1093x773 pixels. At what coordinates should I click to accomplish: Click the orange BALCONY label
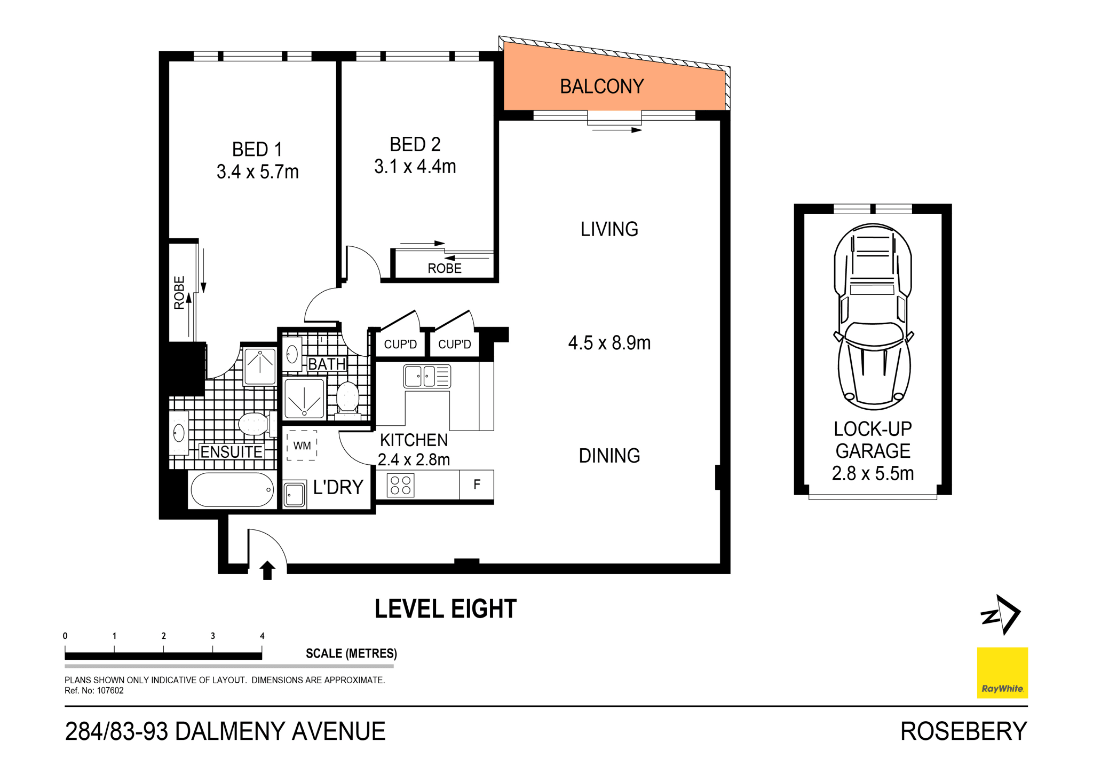click(x=601, y=87)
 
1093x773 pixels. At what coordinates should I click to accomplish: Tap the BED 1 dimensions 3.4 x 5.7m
click(x=257, y=172)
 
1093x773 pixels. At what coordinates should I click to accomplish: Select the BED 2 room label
click(x=415, y=144)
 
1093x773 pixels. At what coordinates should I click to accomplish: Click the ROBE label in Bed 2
click(x=444, y=268)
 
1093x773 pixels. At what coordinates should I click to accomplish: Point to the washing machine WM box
click(x=302, y=446)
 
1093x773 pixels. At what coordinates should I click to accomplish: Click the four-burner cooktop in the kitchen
click(x=400, y=485)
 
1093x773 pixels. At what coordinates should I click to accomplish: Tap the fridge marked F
click(x=477, y=485)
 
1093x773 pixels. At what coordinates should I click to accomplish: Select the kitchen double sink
click(x=427, y=376)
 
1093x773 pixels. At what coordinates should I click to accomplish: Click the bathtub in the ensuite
click(x=232, y=489)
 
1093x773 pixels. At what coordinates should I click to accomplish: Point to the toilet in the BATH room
click(x=348, y=399)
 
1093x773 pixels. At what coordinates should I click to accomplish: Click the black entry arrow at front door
click(x=267, y=570)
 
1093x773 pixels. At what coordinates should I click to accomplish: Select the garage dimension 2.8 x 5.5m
click(x=873, y=473)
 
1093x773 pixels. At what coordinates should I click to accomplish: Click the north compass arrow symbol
click(x=1002, y=615)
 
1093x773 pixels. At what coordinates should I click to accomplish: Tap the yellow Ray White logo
click(x=1002, y=673)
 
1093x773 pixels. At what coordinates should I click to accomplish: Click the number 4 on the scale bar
click(x=262, y=636)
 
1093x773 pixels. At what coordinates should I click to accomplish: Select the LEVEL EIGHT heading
click(x=446, y=609)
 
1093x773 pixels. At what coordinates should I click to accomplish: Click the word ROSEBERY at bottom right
click(x=963, y=731)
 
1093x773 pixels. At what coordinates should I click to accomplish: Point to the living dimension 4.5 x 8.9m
click(x=609, y=343)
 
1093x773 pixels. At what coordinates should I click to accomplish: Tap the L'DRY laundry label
click(x=338, y=487)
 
